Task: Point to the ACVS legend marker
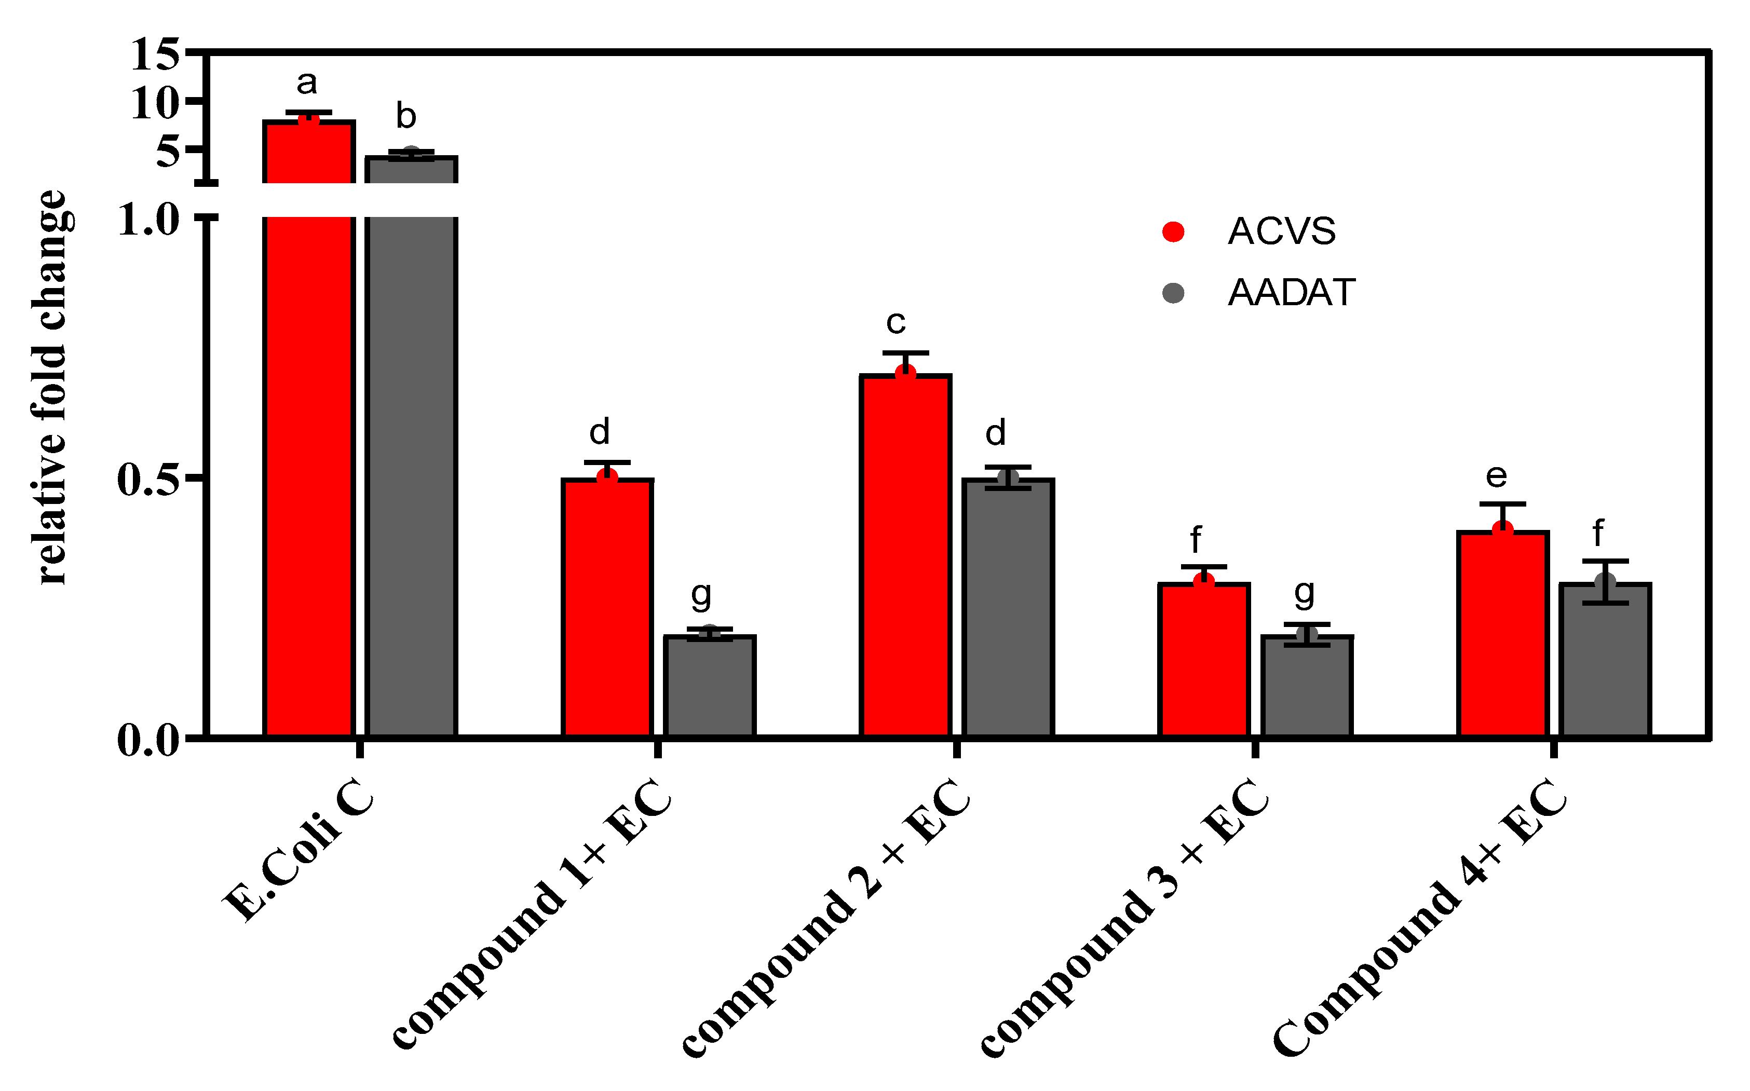click(x=1173, y=231)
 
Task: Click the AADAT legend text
click(x=1291, y=293)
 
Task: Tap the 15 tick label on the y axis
click(x=155, y=55)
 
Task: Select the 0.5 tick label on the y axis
click(x=148, y=480)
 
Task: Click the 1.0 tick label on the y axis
click(x=148, y=220)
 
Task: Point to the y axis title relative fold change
click(x=52, y=388)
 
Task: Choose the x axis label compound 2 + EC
click(x=826, y=920)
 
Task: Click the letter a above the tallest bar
click(x=307, y=83)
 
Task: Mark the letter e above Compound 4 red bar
click(x=1496, y=475)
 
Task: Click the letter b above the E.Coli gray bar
click(x=406, y=116)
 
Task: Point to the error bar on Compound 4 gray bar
click(x=1605, y=582)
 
